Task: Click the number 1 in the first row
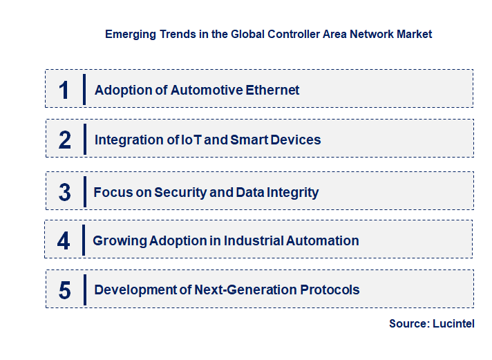pos(64,90)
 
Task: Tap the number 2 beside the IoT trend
pos(65,140)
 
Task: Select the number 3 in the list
pos(64,193)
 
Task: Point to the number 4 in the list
pos(64,241)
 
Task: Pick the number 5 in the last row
pos(64,290)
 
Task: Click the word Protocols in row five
pos(331,290)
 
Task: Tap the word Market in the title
pos(414,34)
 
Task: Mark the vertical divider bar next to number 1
pos(84,89)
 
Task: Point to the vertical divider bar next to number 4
pos(83,240)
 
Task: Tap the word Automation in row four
pos(325,241)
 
